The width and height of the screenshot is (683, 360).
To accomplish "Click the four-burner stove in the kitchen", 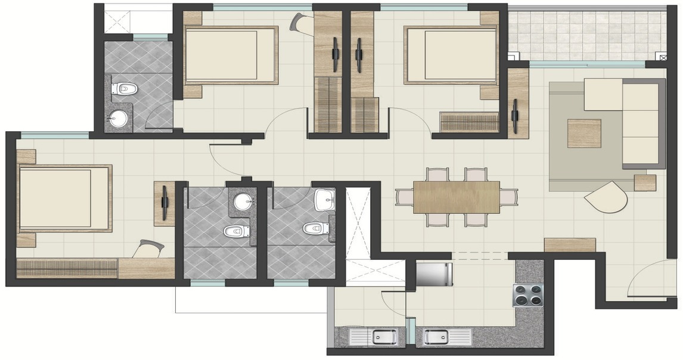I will (528, 296).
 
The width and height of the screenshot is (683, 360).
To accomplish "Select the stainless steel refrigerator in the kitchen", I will (432, 274).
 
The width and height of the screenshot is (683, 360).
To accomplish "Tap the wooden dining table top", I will (457, 197).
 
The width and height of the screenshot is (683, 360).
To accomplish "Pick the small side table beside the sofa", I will (645, 182).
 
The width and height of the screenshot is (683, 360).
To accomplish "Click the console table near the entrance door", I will (570, 244).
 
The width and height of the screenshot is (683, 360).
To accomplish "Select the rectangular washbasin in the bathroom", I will (324, 200).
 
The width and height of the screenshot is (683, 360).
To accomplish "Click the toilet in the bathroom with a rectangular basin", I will (315, 228).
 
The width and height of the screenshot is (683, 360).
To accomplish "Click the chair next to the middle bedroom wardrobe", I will (299, 23).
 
